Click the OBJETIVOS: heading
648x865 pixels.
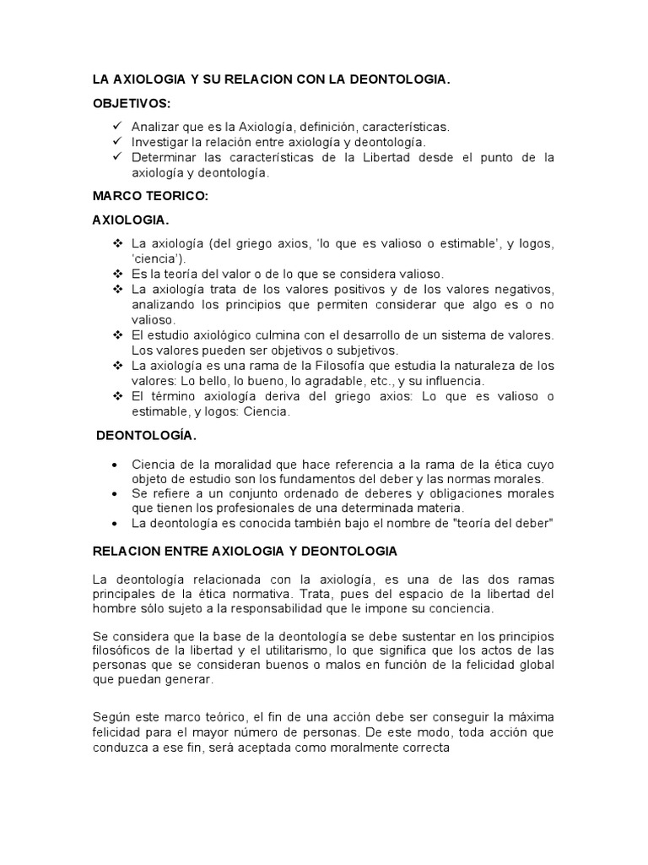(x=131, y=104)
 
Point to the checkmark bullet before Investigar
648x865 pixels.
(x=116, y=142)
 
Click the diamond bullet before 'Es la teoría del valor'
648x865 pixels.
(x=116, y=274)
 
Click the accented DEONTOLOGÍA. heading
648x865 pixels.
(x=147, y=436)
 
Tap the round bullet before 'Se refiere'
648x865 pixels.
(x=115, y=492)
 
